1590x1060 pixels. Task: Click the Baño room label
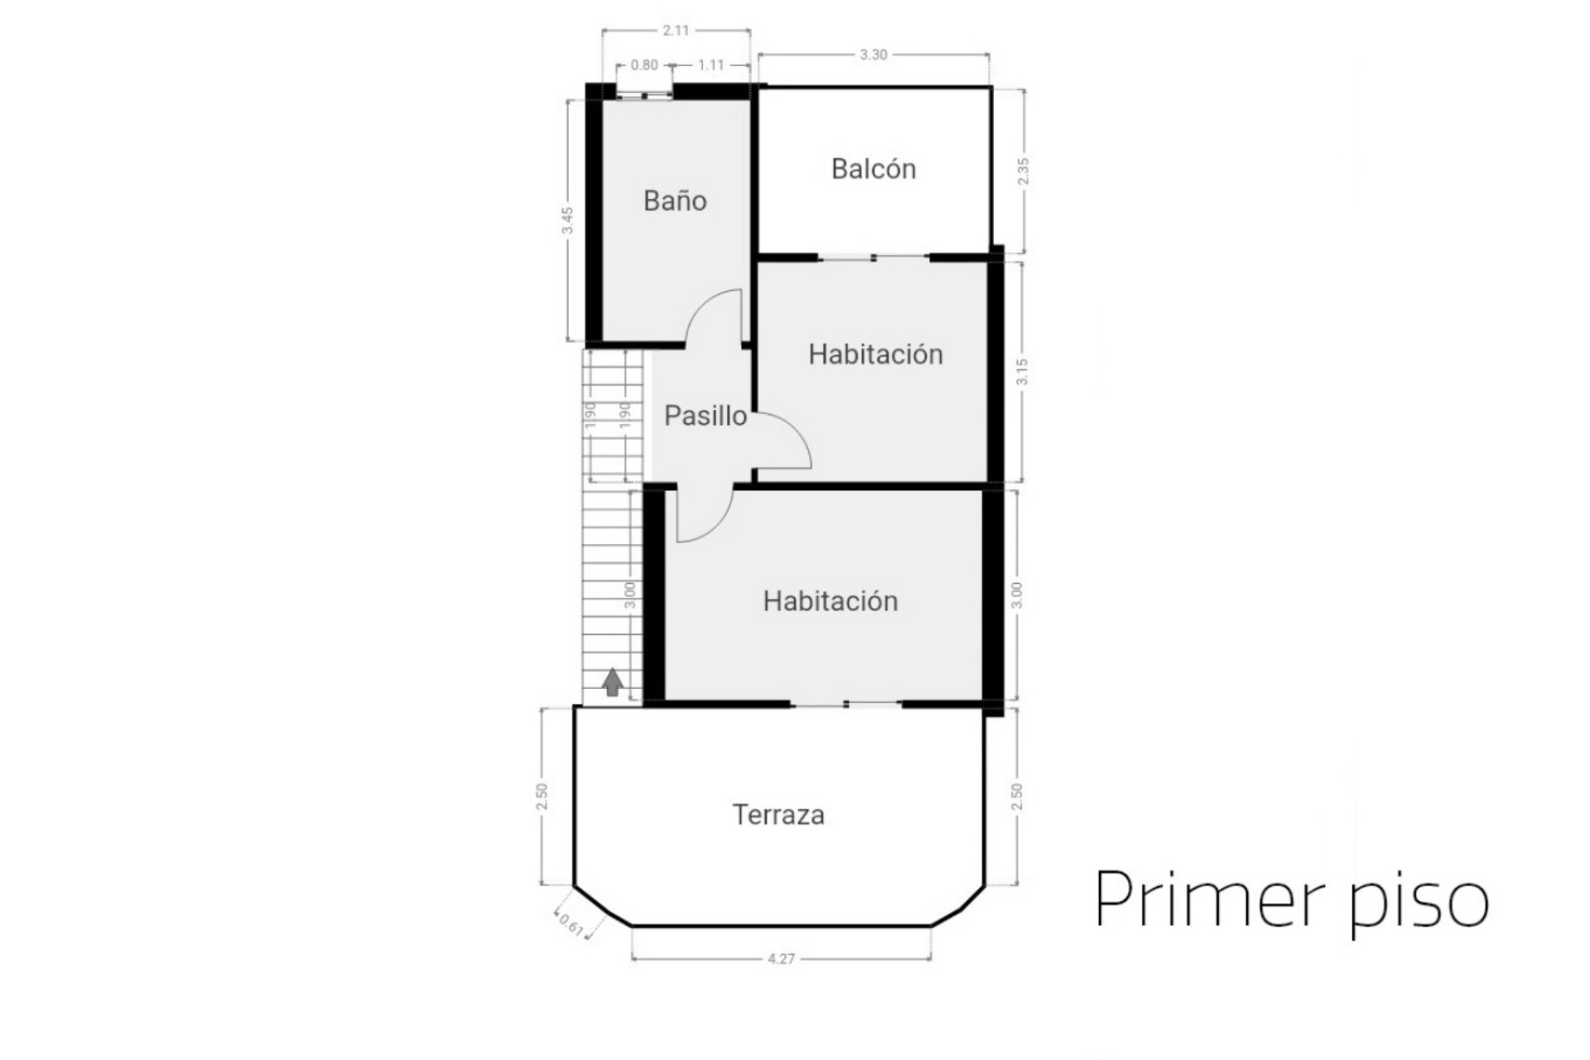click(x=675, y=201)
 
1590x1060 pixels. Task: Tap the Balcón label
click(x=874, y=169)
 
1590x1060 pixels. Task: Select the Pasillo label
click(x=706, y=416)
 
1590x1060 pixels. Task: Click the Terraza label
click(x=778, y=815)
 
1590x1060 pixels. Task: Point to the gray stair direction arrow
click(x=612, y=682)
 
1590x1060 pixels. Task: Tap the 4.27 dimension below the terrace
click(x=781, y=959)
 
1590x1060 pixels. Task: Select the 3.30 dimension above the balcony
click(x=873, y=55)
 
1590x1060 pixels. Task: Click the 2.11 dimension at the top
click(x=676, y=31)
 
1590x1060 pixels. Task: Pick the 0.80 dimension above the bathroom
click(x=644, y=65)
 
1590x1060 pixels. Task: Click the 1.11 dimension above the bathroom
click(x=711, y=65)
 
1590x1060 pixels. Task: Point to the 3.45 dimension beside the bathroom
click(x=567, y=220)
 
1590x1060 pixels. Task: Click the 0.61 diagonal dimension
click(x=571, y=924)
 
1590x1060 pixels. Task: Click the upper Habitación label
click(x=875, y=354)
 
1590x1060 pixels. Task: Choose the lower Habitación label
click(x=831, y=601)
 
